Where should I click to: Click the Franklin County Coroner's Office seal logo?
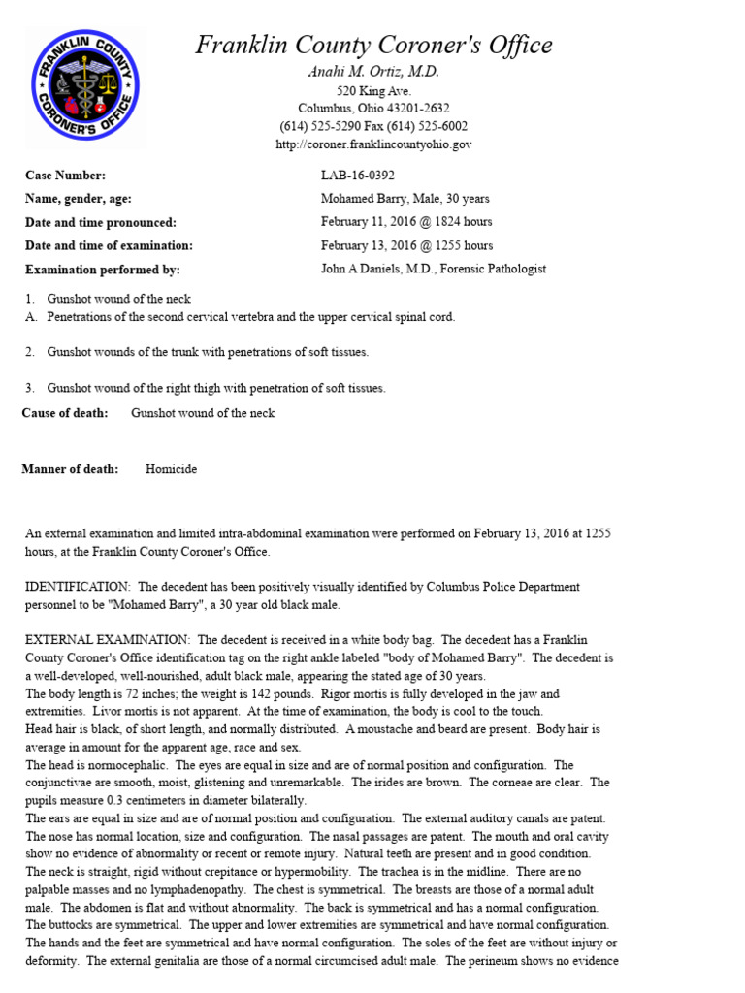(x=86, y=86)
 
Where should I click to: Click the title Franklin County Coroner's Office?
(x=374, y=45)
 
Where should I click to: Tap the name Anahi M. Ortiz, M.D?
(x=373, y=72)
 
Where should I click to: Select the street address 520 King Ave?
(x=373, y=90)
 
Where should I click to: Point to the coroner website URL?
(x=373, y=144)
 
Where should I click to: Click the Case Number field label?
(x=65, y=176)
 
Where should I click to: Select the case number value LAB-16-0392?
(x=358, y=176)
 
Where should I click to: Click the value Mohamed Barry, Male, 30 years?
(x=405, y=199)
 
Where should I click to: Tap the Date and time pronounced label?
(x=101, y=222)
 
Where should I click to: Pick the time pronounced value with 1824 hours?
(x=406, y=222)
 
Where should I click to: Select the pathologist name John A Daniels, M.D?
(x=433, y=270)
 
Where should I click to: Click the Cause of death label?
(x=65, y=413)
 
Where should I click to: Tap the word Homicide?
(x=171, y=469)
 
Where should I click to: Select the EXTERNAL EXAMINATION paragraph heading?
(x=108, y=640)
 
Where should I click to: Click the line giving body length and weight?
(x=291, y=694)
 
